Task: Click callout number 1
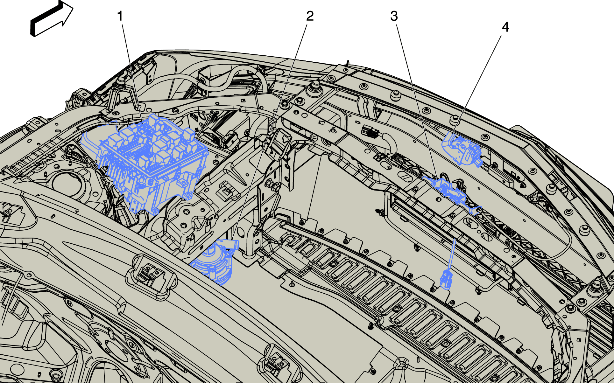click(120, 16)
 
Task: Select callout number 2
click(310, 16)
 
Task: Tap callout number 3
click(394, 16)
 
